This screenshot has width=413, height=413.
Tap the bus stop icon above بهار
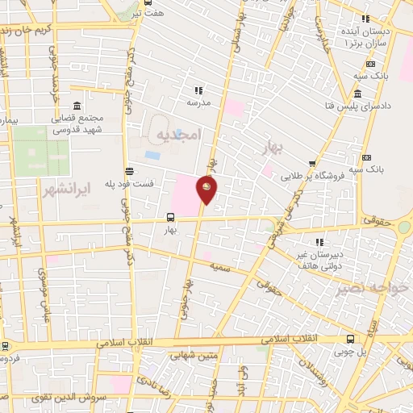point(169,218)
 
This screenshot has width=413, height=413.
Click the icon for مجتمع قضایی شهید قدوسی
point(76,106)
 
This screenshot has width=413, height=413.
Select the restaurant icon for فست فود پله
point(129,170)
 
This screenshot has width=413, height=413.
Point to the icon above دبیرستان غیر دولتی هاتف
point(320,241)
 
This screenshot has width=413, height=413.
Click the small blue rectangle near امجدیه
point(152,154)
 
